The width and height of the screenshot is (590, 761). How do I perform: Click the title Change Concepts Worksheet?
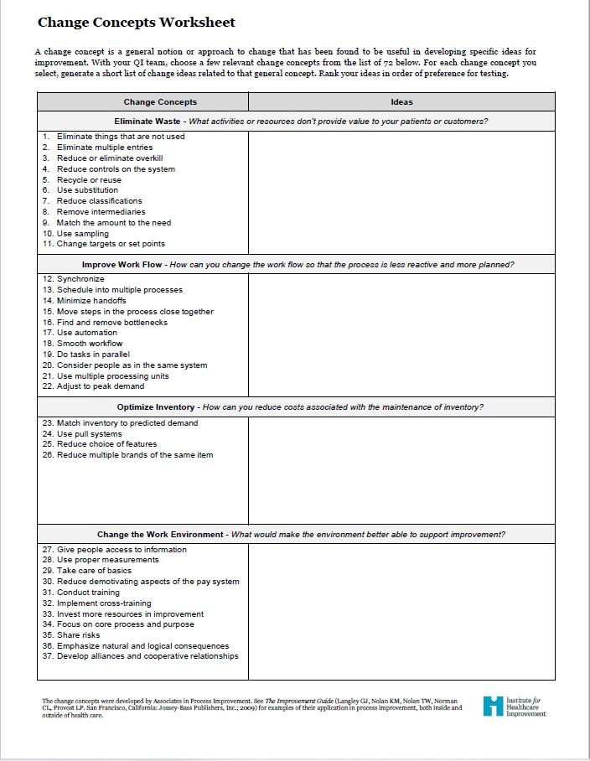136,23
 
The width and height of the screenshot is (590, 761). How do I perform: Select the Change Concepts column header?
160,102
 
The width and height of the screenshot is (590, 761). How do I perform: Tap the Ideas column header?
401,102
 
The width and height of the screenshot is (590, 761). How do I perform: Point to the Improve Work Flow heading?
122,264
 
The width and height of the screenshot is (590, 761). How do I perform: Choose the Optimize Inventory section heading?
156,407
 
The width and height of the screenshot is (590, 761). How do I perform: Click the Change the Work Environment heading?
160,534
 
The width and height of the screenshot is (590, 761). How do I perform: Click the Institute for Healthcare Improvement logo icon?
494,706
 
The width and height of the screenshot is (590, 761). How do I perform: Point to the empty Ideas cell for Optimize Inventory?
401,469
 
